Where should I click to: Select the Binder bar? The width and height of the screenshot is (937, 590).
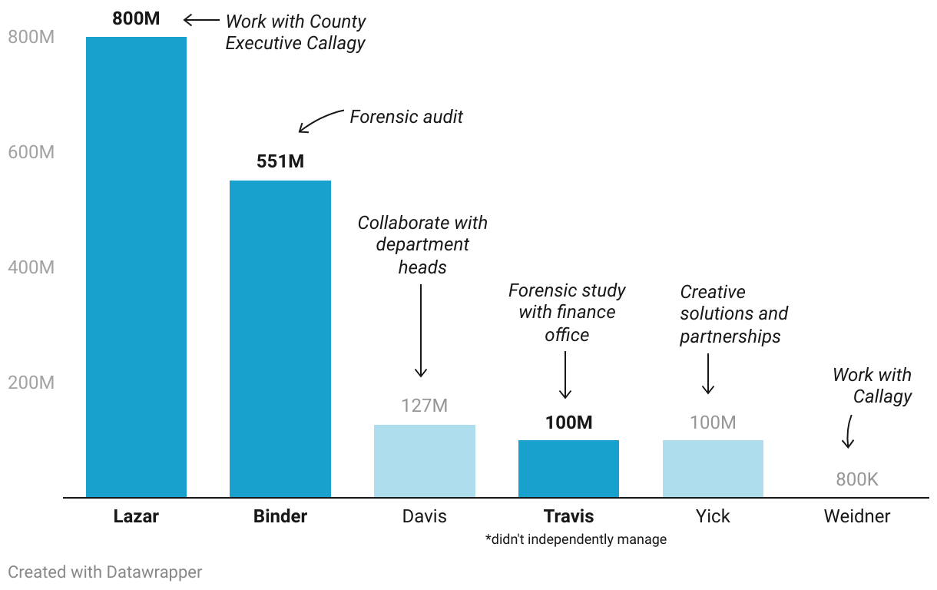pyautogui.click(x=280, y=339)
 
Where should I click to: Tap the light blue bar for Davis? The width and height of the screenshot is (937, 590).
pyautogui.click(x=425, y=461)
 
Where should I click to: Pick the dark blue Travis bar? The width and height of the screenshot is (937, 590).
pyautogui.click(x=568, y=469)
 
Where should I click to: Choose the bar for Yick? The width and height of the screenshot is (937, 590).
pyautogui.click(x=713, y=469)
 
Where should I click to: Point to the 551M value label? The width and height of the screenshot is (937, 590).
pyautogui.click(x=280, y=162)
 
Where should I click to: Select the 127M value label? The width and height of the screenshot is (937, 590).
pyautogui.click(x=424, y=406)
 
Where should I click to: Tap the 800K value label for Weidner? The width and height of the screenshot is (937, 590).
pyautogui.click(x=856, y=480)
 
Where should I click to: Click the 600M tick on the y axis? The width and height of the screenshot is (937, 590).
pyautogui.click(x=31, y=152)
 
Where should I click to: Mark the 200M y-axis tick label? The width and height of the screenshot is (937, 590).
pyautogui.click(x=31, y=383)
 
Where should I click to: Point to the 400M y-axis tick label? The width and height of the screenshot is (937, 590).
pyautogui.click(x=31, y=267)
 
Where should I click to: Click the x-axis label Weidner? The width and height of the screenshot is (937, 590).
pyautogui.click(x=856, y=516)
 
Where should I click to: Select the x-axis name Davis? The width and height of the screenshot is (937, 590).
pyautogui.click(x=424, y=516)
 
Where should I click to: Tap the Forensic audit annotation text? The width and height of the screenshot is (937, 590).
pyautogui.click(x=406, y=117)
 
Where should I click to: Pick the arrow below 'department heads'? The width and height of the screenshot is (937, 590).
pyautogui.click(x=421, y=330)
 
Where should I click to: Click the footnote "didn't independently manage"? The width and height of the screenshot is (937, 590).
pyautogui.click(x=575, y=539)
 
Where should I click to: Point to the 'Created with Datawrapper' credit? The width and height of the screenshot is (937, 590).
pyautogui.click(x=104, y=572)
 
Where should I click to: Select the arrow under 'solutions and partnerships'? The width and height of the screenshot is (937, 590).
pyautogui.click(x=708, y=373)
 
